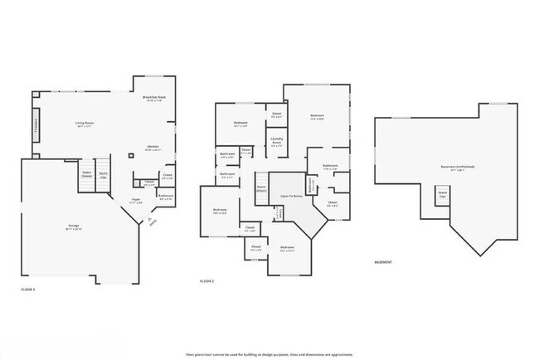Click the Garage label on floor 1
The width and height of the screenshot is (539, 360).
[x=74, y=226]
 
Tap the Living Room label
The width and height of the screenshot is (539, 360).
[x=84, y=124]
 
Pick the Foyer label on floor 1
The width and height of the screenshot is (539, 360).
[x=136, y=201]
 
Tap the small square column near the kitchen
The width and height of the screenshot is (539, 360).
[x=130, y=155]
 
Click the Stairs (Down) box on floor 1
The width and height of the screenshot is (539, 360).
[x=86, y=174]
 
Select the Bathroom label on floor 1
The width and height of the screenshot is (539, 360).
[x=165, y=197]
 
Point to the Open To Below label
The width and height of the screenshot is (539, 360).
[x=290, y=197]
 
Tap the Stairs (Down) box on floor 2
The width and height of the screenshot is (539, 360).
[x=260, y=188]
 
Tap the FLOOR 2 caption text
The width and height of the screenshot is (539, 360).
[x=207, y=281]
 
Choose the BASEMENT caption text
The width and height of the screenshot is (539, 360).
[x=383, y=262]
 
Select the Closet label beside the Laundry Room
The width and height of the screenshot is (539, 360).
[x=275, y=116]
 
